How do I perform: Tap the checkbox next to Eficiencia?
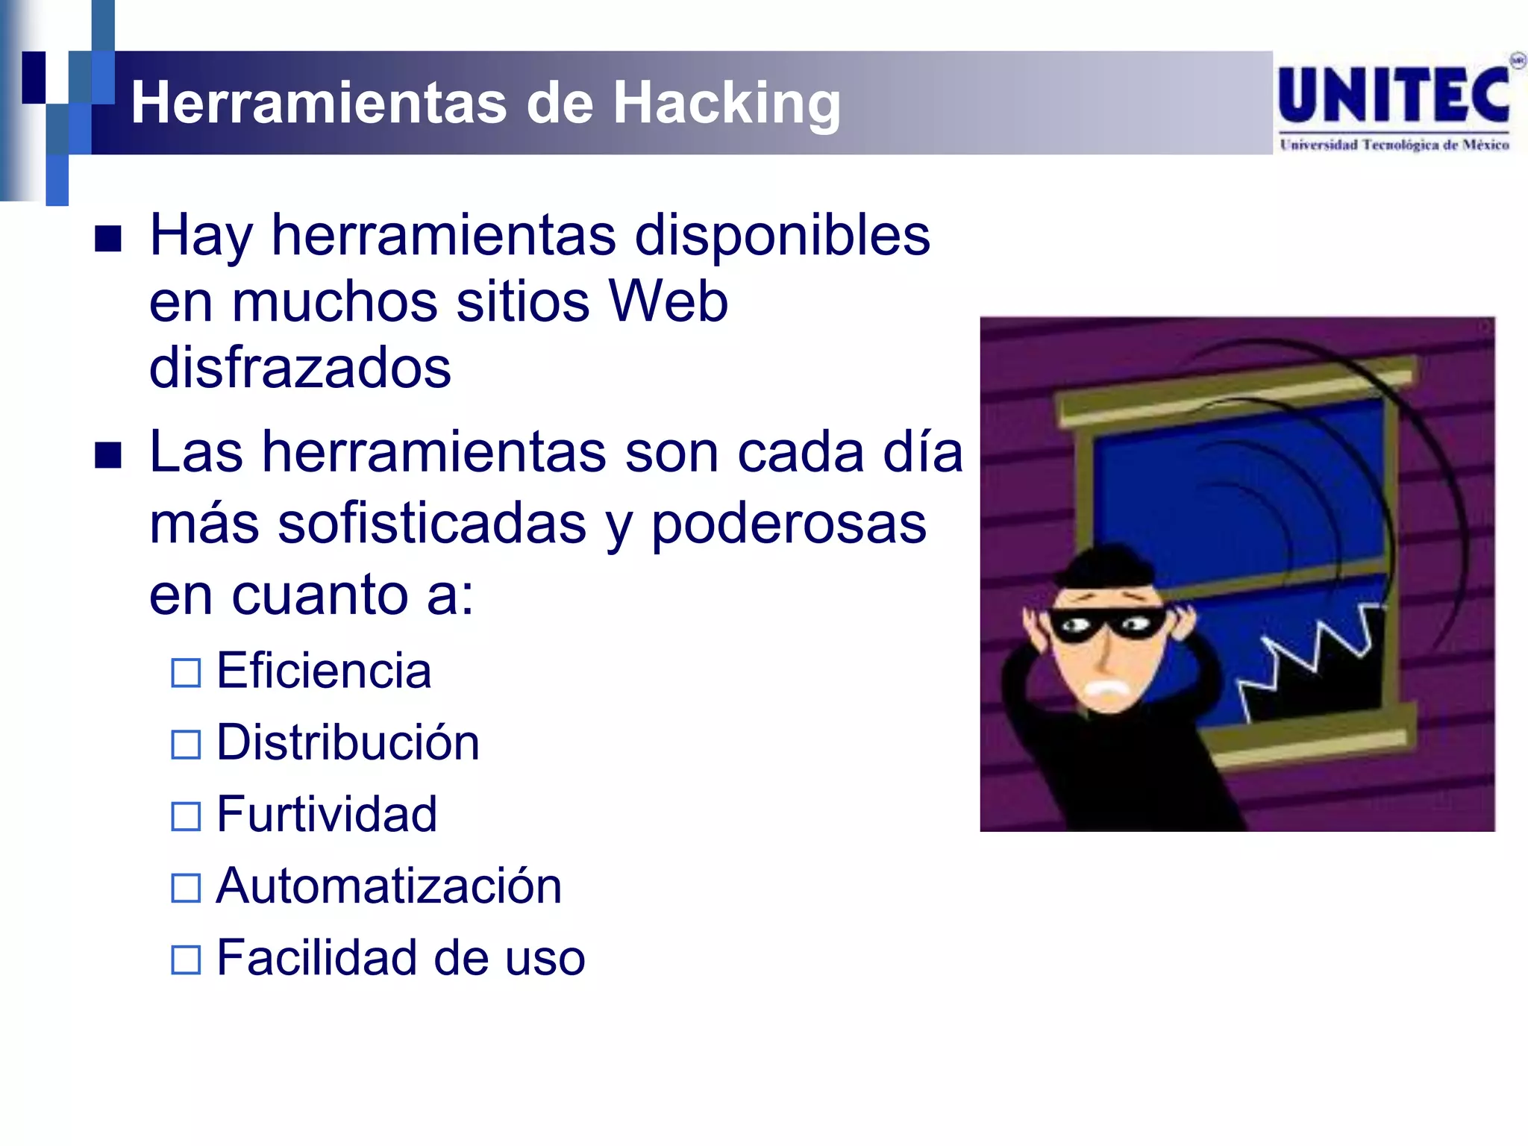186,672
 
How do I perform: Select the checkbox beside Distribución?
186,744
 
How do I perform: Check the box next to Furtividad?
186,815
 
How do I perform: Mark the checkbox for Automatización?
186,888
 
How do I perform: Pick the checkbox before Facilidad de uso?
186,959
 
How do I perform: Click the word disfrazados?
300,368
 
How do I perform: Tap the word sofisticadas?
432,523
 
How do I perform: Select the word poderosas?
789,523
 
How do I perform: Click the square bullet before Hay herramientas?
108,239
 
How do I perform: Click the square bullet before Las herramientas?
108,455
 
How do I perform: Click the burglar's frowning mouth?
1106,687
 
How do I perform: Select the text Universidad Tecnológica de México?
1394,145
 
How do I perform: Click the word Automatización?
389,886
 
